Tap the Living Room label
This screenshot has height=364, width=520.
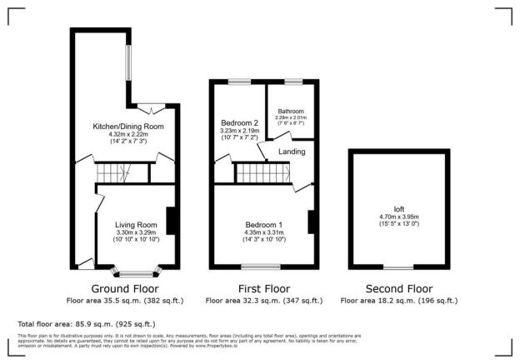[136, 224]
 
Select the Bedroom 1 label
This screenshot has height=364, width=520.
[263, 224]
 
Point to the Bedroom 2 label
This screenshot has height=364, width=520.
[239, 122]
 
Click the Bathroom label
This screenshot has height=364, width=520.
[291, 111]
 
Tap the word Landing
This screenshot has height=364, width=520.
[291, 151]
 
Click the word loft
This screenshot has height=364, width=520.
[398, 208]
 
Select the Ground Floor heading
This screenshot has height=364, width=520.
[126, 288]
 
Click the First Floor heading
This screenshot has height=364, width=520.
[263, 288]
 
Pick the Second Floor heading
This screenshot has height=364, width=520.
[399, 288]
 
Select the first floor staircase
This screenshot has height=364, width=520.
[262, 172]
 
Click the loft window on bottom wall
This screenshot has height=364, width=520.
[397, 267]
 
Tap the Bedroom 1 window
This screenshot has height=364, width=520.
[261, 267]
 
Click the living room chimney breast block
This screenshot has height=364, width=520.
[171, 221]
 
